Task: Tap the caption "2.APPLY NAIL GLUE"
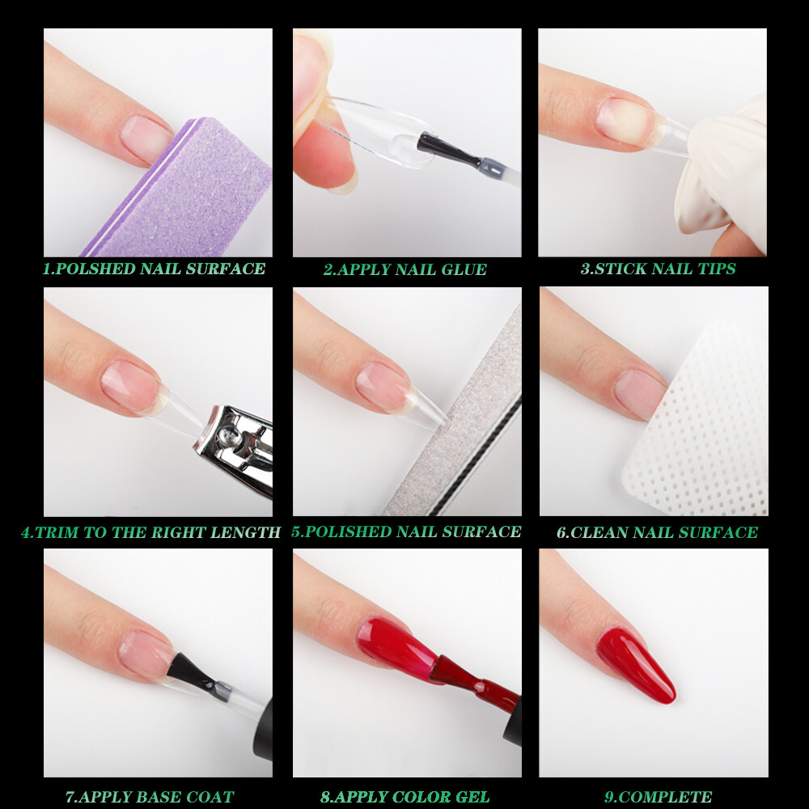(405, 269)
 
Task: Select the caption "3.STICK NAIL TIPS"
(658, 269)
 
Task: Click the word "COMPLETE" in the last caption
(665, 797)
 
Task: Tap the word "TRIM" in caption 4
(57, 532)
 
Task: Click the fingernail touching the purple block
(146, 139)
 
